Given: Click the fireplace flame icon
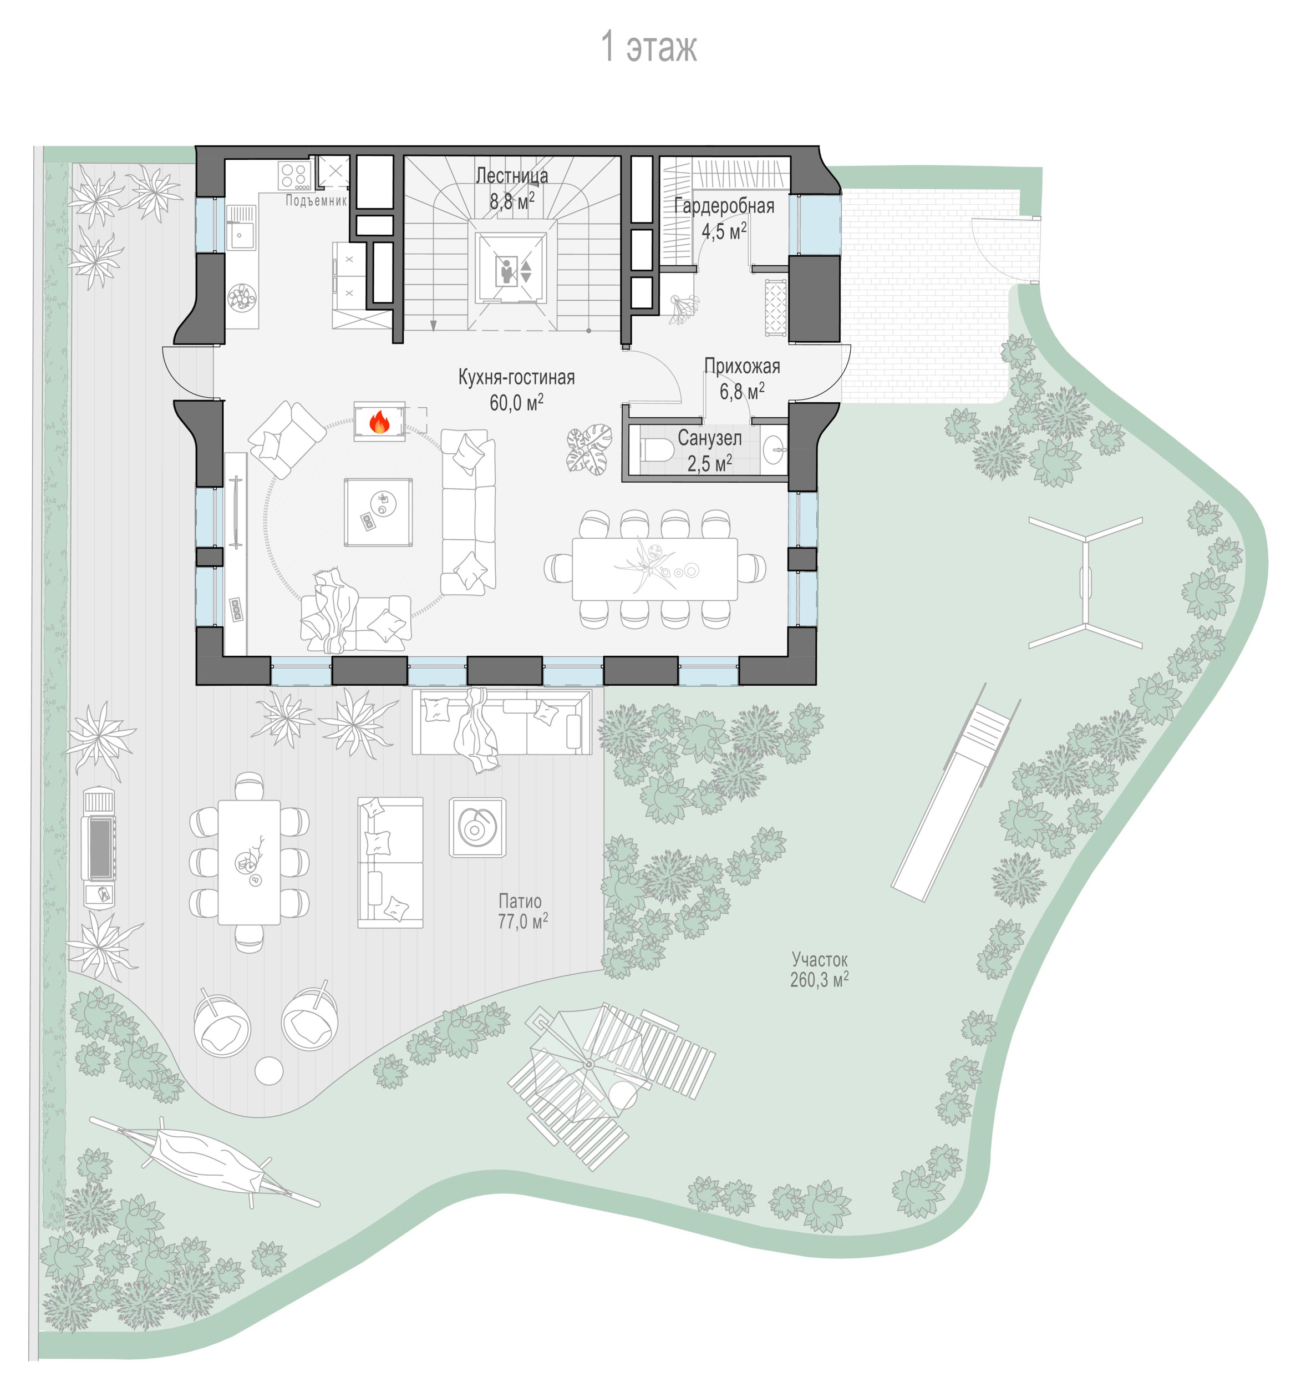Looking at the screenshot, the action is click(x=379, y=422).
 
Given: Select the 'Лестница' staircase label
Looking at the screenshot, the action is click(x=511, y=175).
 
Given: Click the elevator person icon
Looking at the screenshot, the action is click(x=506, y=271).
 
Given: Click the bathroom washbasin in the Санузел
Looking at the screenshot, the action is click(x=774, y=450).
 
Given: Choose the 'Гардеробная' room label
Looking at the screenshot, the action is click(x=724, y=206).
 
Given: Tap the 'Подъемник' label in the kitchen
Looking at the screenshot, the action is click(x=316, y=201).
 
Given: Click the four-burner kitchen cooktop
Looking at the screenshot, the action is click(x=294, y=176).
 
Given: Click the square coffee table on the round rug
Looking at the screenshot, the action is click(x=377, y=512).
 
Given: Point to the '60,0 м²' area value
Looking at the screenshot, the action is click(x=516, y=403).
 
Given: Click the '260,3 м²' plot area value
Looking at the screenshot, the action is click(x=819, y=980).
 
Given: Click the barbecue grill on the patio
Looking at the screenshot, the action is click(x=99, y=848).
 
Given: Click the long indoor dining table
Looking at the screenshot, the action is click(x=654, y=569).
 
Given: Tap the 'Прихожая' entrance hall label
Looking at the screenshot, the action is click(x=741, y=366).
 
